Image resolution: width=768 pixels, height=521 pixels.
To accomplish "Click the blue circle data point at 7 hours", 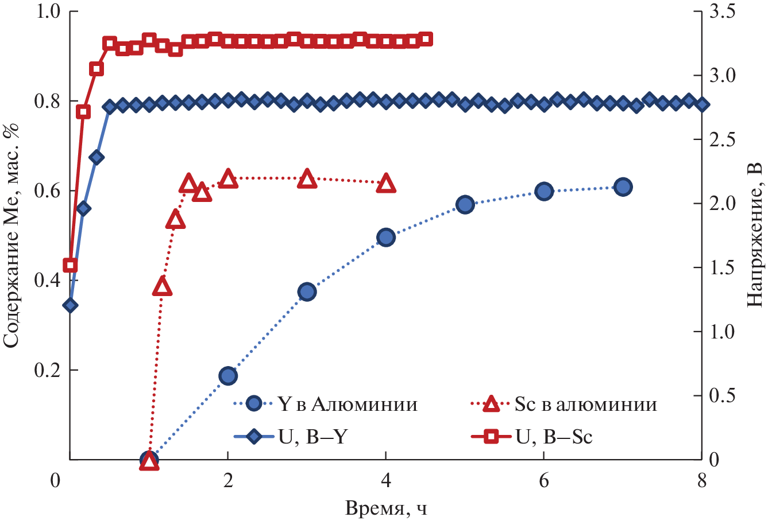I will pos(623,186).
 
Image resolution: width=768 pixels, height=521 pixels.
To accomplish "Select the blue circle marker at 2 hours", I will pos(228,376).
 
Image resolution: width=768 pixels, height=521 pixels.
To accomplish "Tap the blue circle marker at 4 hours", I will pos(386,237).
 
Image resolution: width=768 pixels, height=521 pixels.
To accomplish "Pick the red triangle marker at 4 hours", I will pos(386,184).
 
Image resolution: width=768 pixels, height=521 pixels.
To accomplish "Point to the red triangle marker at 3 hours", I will pos(307,179).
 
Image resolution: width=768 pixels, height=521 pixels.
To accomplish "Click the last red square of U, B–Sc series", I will pos(426,40).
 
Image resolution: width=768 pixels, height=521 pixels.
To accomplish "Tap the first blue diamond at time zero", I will pos(70,305).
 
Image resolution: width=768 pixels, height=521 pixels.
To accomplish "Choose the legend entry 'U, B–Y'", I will pos(314,437).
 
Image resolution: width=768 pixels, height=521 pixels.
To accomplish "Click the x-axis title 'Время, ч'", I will pos(386,508).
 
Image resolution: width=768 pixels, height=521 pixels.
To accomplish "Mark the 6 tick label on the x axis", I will pos(543,481).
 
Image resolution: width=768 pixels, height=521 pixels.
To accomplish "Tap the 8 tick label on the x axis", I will pos(701,481).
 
